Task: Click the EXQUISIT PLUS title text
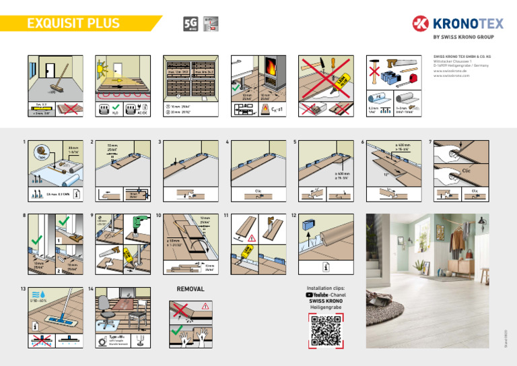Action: click(x=73, y=24)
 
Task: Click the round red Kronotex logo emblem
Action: click(x=421, y=25)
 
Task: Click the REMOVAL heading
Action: click(x=190, y=289)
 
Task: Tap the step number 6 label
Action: click(x=362, y=143)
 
